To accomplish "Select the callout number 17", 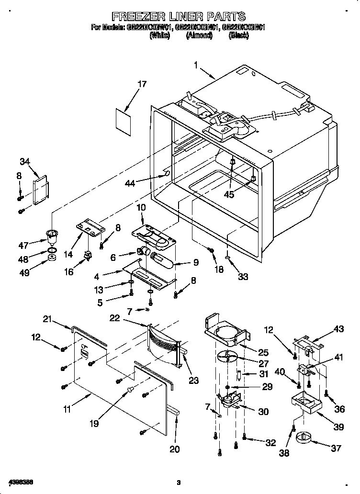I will (x=142, y=84).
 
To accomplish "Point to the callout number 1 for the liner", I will (x=196, y=64).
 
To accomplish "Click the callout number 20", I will (x=175, y=449).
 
